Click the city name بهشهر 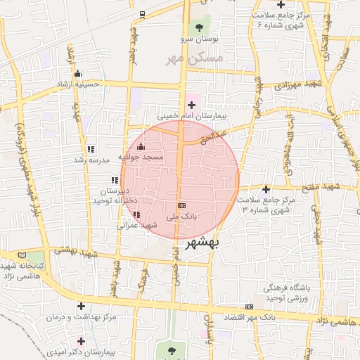(203, 244)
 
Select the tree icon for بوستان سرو (200, 27)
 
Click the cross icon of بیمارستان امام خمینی (191, 105)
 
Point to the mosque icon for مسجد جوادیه (141, 147)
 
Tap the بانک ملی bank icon (182, 205)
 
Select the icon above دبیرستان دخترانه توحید (114, 181)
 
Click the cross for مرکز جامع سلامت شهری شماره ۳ (266, 189)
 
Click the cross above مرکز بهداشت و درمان (82, 306)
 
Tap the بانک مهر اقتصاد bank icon (249, 307)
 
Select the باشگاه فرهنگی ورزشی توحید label (290, 294)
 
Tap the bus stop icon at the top (142, 14)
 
